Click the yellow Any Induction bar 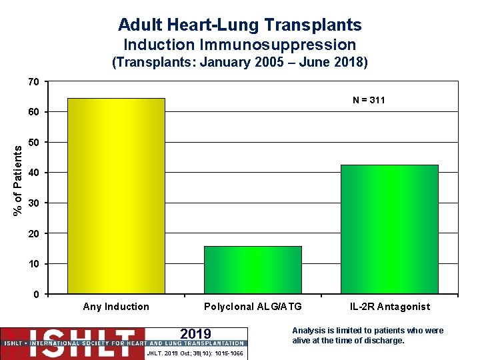tap(116, 196)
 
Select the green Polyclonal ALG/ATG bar tap(253, 270)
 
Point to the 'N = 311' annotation tap(369, 101)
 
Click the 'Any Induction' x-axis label tap(116, 307)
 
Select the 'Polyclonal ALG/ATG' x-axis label tap(253, 307)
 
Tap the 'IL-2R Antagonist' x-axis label tap(390, 307)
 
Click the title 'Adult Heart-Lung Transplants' tap(240, 25)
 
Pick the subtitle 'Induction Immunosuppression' tap(240, 45)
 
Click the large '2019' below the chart tap(195, 334)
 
